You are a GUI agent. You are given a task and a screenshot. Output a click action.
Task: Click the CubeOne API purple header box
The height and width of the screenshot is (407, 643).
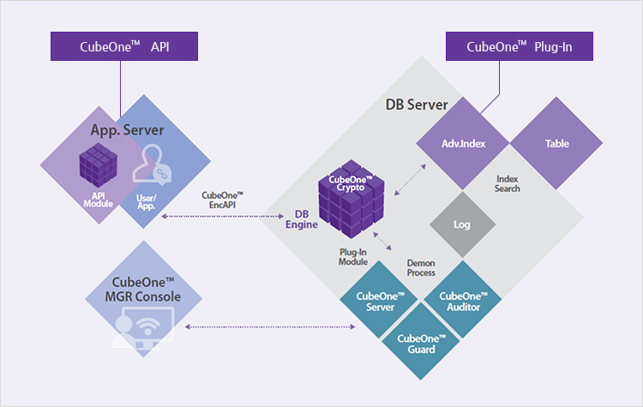pyautogui.click(x=124, y=46)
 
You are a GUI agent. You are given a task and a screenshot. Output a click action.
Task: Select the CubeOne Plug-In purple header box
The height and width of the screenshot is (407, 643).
pyautogui.click(x=519, y=46)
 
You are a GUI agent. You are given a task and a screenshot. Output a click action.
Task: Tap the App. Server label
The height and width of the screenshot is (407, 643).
pyautogui.click(x=127, y=130)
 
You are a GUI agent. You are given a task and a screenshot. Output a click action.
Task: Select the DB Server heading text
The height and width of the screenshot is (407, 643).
pyautogui.click(x=417, y=105)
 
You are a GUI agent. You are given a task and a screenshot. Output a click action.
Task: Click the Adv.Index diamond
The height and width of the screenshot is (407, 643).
pyautogui.click(x=463, y=143)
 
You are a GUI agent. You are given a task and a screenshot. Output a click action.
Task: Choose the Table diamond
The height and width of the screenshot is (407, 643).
pyautogui.click(x=556, y=143)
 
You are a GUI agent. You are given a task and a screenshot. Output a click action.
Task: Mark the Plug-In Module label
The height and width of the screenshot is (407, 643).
pyautogui.click(x=353, y=256)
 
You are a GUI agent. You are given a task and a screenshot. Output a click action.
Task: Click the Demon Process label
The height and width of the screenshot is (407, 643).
pyautogui.click(x=421, y=266)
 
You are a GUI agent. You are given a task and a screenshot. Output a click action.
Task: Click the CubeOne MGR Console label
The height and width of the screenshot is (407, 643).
pyautogui.click(x=144, y=289)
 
